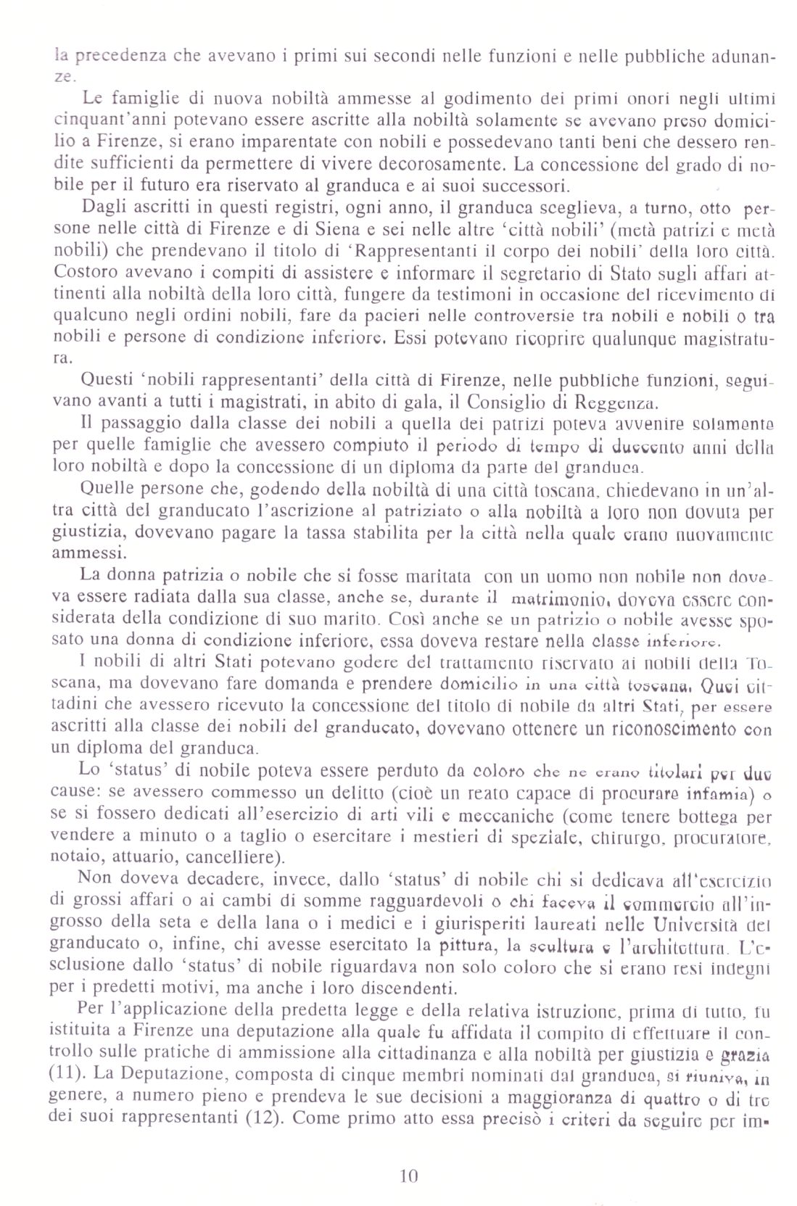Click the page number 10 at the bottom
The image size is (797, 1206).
(409, 1176)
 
